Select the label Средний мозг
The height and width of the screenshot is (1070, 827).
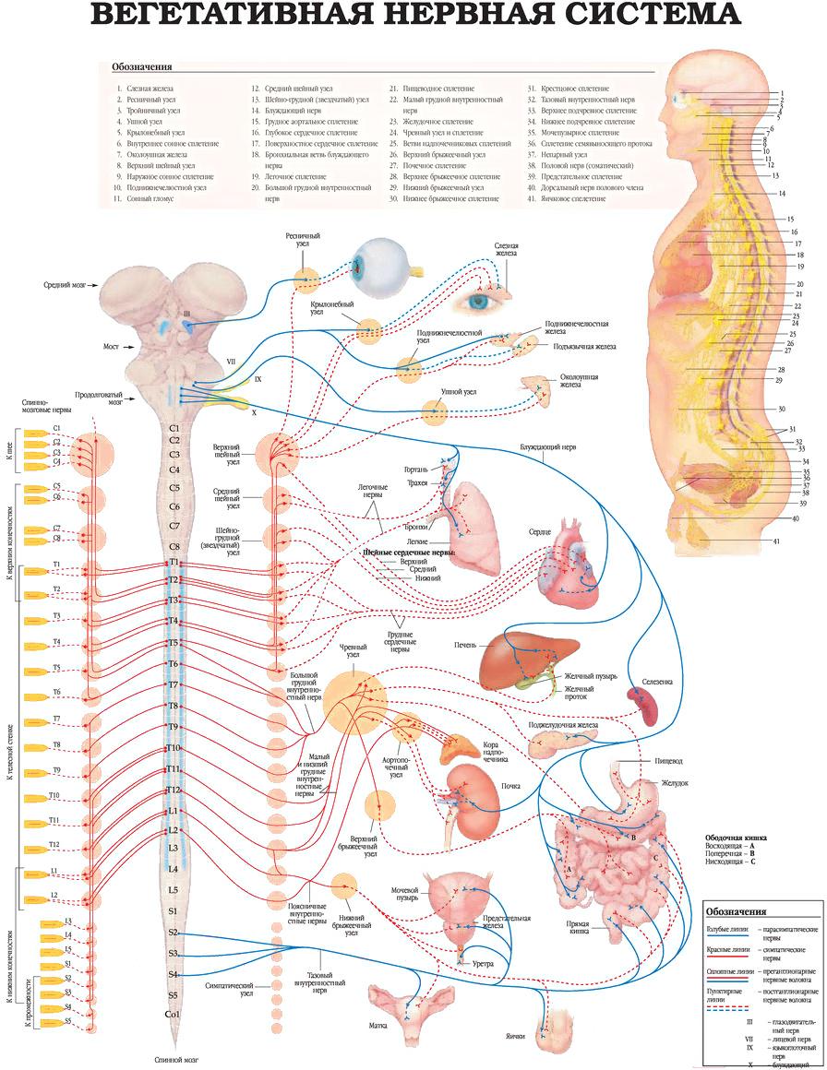(65, 286)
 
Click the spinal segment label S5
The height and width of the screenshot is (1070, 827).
(173, 995)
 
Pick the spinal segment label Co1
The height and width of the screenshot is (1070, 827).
(173, 1015)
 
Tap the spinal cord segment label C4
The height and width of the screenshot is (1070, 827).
(174, 470)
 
